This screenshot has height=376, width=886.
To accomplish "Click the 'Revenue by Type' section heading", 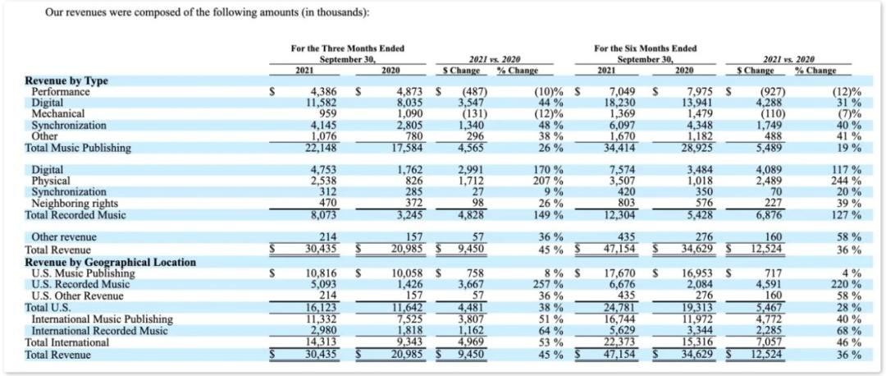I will [66, 81].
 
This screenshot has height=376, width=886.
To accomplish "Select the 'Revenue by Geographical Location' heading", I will [111, 262].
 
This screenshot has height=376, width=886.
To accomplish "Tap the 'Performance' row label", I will [59, 92].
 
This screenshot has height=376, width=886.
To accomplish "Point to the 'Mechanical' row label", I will [58, 114].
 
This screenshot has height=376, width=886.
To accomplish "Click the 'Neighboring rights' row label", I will [75, 203].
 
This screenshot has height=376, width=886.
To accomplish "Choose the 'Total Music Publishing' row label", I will [78, 148].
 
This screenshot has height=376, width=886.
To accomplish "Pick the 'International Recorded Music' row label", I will [99, 331].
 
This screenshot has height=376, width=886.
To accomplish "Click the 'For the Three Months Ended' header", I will [347, 49].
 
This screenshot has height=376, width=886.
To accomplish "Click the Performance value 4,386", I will [324, 92].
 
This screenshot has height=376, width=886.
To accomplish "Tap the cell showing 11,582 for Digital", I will [322, 103].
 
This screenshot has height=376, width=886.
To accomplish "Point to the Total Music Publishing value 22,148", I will [322, 148].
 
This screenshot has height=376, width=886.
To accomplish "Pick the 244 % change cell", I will [845, 181].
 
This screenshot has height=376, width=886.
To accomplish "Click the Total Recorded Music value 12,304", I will [621, 214].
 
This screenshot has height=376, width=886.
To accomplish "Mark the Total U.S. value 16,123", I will [322, 308].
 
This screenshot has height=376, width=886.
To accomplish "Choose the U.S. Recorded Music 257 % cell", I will [547, 285].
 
